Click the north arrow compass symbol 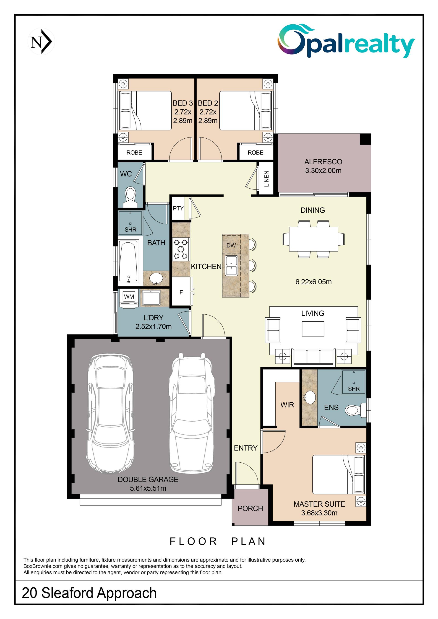(x=41, y=41)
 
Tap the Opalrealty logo (x=346, y=41)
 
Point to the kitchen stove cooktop (x=181, y=249)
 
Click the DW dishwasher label (x=231, y=245)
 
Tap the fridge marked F (x=181, y=292)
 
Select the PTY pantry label (x=178, y=208)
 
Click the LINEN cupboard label (x=266, y=179)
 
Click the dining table (x=313, y=239)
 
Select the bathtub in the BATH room (x=129, y=262)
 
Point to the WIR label (x=287, y=405)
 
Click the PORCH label (x=250, y=509)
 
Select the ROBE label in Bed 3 (x=134, y=153)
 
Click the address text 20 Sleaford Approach (x=89, y=593)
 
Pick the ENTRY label (x=245, y=448)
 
